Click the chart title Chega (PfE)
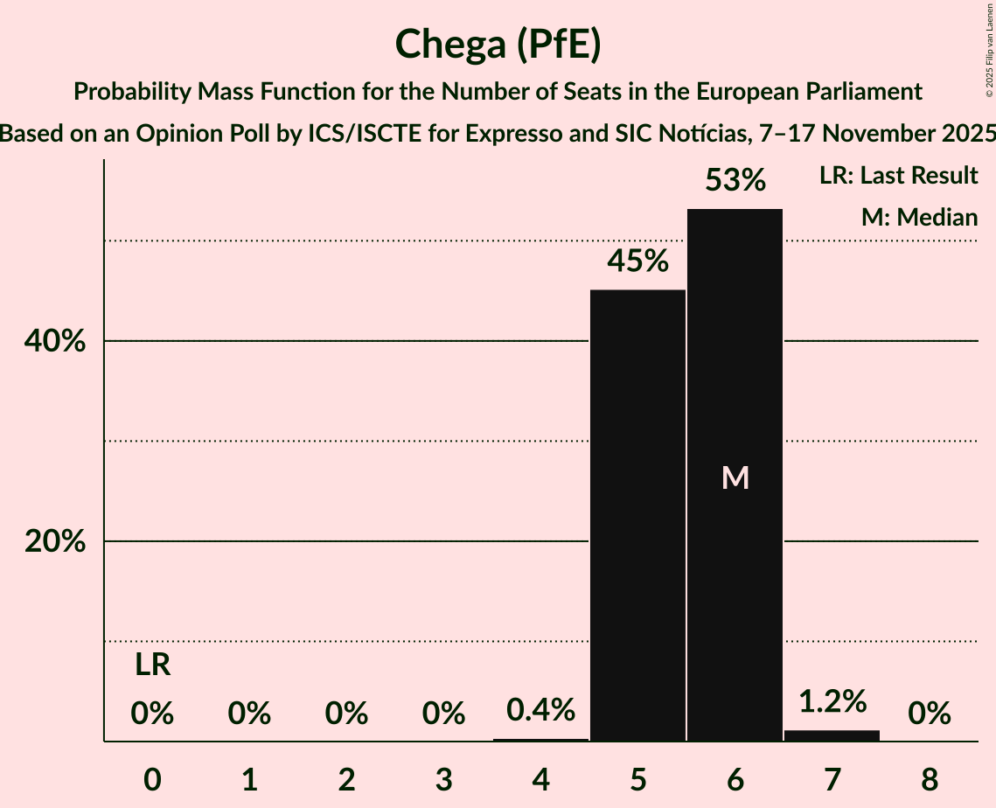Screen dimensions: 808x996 pos(498,45)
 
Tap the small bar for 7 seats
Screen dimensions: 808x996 pos(832,735)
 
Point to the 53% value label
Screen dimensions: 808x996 pos(735,181)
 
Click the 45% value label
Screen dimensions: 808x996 pos(637,261)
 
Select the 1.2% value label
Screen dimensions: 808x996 pos(832,701)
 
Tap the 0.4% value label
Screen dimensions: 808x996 pos(540,709)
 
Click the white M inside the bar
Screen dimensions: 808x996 pos(735,477)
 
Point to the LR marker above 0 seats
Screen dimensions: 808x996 pos(152,665)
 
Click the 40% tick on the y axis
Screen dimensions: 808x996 pos(55,342)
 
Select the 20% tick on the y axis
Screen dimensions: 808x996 pos(55,542)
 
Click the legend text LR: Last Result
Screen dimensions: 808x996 pos(898,176)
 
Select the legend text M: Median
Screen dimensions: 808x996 pos(919,218)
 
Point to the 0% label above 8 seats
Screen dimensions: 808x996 pos(929,714)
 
